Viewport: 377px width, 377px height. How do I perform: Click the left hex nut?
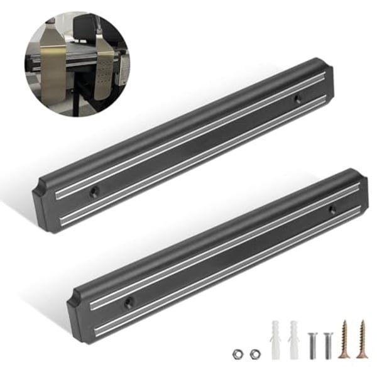pyautogui.click(x=237, y=354)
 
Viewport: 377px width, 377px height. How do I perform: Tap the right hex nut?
pyautogui.click(x=253, y=354)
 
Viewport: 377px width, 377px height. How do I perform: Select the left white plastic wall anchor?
pyautogui.click(x=275, y=339)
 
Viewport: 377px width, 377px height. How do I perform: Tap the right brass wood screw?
pyautogui.click(x=361, y=339)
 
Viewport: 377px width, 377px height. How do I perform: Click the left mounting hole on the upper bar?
pyautogui.click(x=95, y=190)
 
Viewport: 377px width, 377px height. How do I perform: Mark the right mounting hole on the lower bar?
pyautogui.click(x=332, y=210)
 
